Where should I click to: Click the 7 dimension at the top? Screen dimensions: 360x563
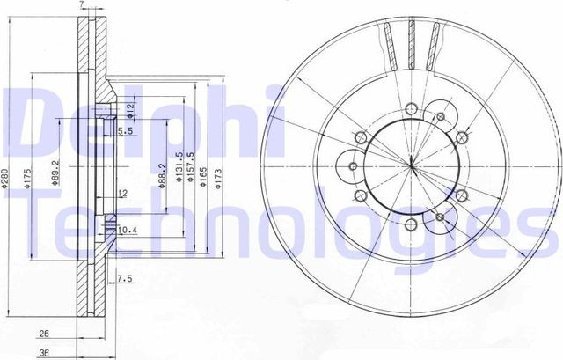coord(82,6)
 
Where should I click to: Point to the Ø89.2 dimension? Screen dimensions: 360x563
coord(56,173)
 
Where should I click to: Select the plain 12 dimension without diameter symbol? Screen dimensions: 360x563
coord(123,192)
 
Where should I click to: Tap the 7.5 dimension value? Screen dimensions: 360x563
coord(125,280)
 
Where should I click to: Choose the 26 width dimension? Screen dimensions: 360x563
coord(43,334)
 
